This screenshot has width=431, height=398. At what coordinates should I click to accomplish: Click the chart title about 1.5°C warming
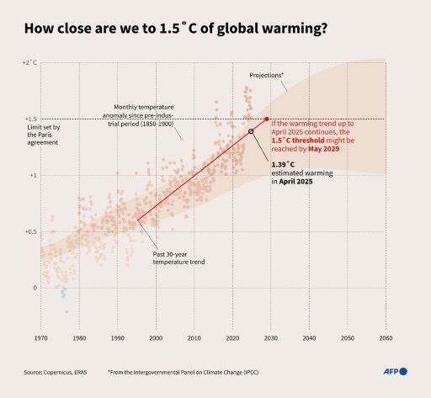click(175, 28)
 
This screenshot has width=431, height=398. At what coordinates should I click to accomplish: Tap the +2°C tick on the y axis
click(29, 63)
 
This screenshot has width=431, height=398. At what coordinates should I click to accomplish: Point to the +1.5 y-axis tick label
click(31, 119)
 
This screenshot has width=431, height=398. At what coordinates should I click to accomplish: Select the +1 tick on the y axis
click(33, 175)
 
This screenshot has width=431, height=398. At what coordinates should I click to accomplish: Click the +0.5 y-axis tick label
click(31, 231)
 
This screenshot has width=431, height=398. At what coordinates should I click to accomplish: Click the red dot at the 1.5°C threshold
click(267, 119)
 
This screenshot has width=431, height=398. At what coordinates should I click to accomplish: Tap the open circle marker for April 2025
click(251, 132)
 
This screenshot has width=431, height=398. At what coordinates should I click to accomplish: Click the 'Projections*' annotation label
click(266, 76)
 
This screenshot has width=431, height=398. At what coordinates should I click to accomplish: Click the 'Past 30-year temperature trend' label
click(178, 257)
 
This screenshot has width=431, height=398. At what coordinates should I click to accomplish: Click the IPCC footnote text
click(183, 371)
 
